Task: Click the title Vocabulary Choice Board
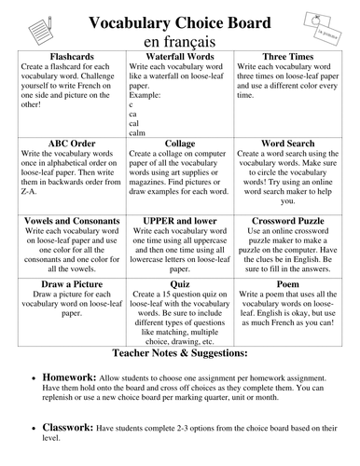point(179,21)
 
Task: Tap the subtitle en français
point(179,42)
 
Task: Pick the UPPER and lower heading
point(179,220)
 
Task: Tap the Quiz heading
point(179,282)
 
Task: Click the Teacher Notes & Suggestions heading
point(179,355)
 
